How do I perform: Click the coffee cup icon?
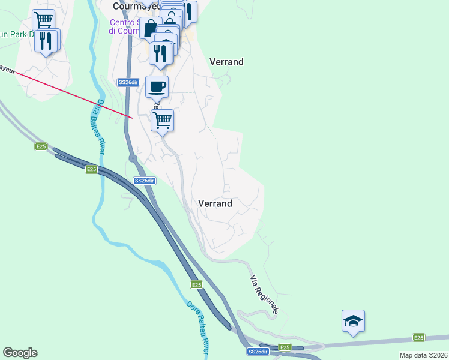pos(157,87)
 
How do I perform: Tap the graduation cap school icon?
pos(353,320)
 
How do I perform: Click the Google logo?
pos(20,353)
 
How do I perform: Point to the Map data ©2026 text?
pos(423,355)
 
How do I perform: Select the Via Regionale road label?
pos(265,295)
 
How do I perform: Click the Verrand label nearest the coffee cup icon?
pos(226,62)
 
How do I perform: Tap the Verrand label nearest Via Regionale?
pos(215,203)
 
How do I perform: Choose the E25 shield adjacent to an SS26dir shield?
pos(285,347)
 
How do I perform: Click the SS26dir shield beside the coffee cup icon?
pos(128,82)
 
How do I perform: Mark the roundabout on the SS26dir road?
pos(133,158)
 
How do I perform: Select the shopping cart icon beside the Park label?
pos(43,20)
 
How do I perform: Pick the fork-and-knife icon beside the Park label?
pos(46,41)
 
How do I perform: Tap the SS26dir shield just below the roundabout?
pos(145,181)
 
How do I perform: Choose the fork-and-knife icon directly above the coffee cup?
pos(161,52)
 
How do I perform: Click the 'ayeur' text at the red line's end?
pos(7,70)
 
